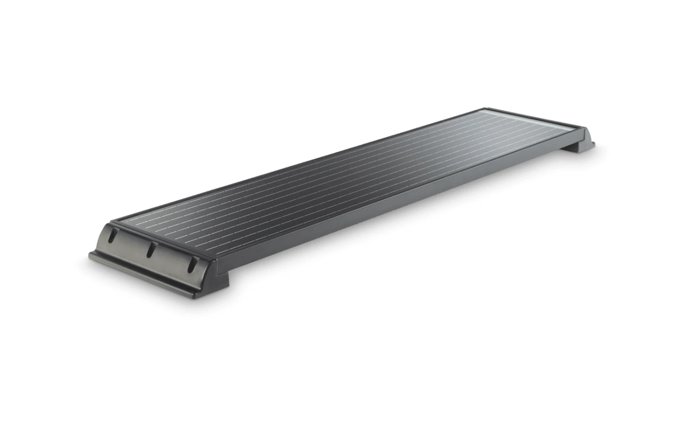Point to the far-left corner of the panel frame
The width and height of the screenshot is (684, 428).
coord(484,109)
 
